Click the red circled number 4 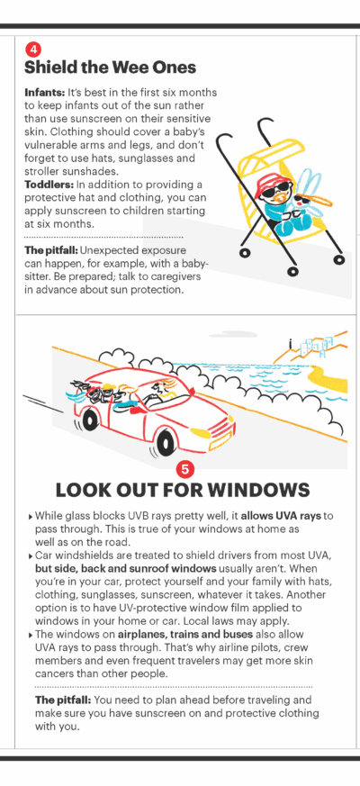(x=32, y=50)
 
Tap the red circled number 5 (x=184, y=469)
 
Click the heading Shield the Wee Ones (x=110, y=68)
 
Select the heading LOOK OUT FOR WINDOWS (x=183, y=491)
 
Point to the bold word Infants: (x=41, y=94)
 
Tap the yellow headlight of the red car (x=201, y=432)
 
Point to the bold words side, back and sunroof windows (x=126, y=569)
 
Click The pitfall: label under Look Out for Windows (x=63, y=700)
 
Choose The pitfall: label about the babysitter (x=51, y=249)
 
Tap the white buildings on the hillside (x=316, y=346)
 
